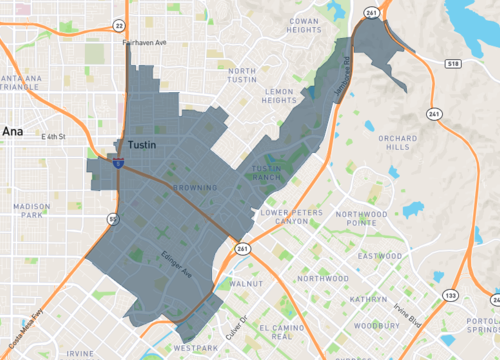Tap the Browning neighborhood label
[x=194, y=187]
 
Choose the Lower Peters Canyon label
[x=292, y=216]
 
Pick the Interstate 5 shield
[x=118, y=163]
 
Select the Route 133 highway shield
[x=451, y=296]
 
